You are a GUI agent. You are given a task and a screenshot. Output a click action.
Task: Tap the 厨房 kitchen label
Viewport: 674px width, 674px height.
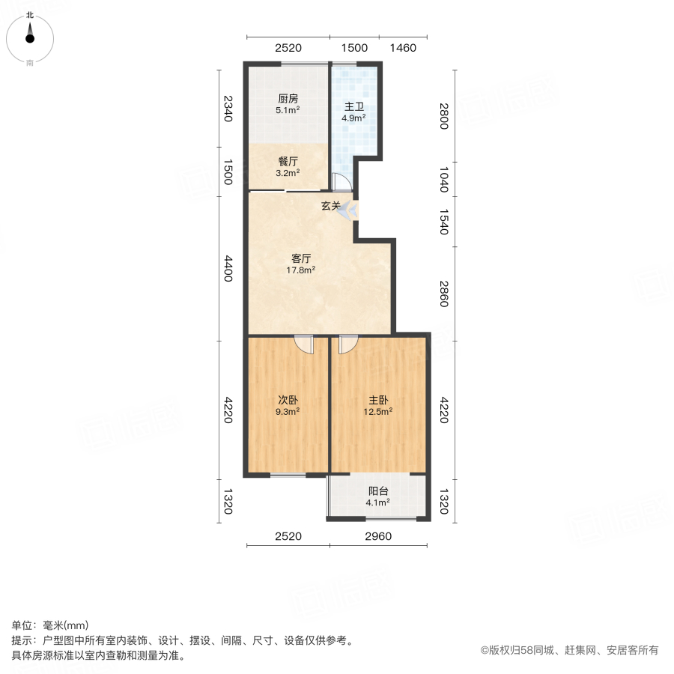pyautogui.click(x=288, y=98)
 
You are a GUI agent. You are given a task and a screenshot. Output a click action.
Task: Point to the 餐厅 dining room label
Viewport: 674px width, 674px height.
pyautogui.click(x=288, y=161)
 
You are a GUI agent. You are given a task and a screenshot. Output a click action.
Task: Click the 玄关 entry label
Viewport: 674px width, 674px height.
pyautogui.click(x=331, y=206)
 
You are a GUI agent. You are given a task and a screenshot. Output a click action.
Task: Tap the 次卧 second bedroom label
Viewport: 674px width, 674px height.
pyautogui.click(x=288, y=400)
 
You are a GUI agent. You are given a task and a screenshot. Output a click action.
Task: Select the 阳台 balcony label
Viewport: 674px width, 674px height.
pyautogui.click(x=378, y=492)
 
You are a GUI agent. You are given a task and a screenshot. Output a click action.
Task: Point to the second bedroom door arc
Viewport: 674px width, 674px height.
pyautogui.click(x=305, y=344)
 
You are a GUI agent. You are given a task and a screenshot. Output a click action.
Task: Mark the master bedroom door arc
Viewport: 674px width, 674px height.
pyautogui.click(x=348, y=344)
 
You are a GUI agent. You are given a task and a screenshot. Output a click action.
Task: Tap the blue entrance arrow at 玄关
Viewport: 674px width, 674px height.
pyautogui.click(x=350, y=213)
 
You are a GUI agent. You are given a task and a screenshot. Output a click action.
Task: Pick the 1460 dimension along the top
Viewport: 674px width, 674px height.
pyautogui.click(x=402, y=48)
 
